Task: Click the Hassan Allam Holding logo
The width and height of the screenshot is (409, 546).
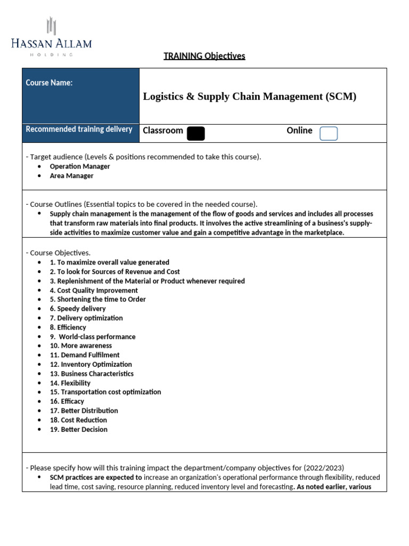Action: coord(51,36)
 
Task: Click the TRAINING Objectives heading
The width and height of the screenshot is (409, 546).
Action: coord(204,56)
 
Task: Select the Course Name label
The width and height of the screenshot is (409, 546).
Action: coord(49,83)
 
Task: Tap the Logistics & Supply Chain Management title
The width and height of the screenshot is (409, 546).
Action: coord(249,97)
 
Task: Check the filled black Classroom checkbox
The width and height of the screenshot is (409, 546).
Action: coord(195,133)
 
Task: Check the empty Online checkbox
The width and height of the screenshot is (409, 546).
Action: coord(328,133)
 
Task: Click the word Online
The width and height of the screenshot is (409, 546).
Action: coord(299,131)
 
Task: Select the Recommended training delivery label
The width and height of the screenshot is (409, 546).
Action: coord(79,130)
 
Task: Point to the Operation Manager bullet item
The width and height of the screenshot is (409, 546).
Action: coord(80,166)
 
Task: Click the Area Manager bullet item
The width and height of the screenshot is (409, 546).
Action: coord(71,176)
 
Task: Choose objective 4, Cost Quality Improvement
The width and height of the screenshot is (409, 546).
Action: coord(94,291)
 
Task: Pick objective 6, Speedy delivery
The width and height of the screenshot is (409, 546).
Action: coord(78,309)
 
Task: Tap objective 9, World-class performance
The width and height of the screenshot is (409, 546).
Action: coord(93,337)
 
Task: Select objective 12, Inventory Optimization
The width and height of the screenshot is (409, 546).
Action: coord(91,365)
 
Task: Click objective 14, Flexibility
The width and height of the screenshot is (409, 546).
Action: coord(70,383)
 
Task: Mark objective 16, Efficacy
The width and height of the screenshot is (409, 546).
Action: coord(67,402)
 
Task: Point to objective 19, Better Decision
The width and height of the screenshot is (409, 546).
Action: coord(79,430)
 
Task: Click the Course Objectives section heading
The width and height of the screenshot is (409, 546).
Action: coord(58,253)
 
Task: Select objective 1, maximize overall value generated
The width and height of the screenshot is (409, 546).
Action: coord(110,262)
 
